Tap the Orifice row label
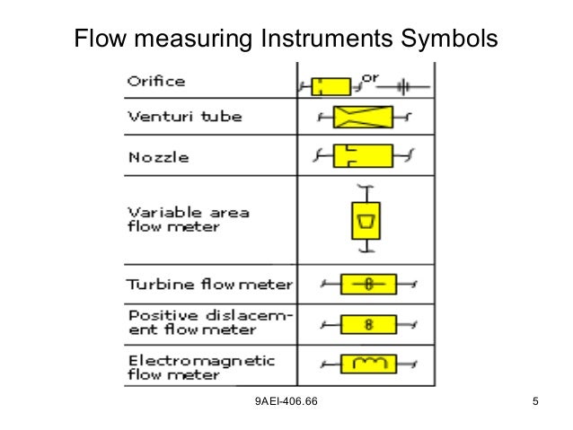155,81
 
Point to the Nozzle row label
157,157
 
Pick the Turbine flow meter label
208,285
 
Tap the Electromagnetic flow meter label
200,366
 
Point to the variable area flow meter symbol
364,220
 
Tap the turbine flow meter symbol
368,285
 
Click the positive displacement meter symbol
368,323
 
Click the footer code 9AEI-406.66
286,399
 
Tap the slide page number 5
535,399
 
